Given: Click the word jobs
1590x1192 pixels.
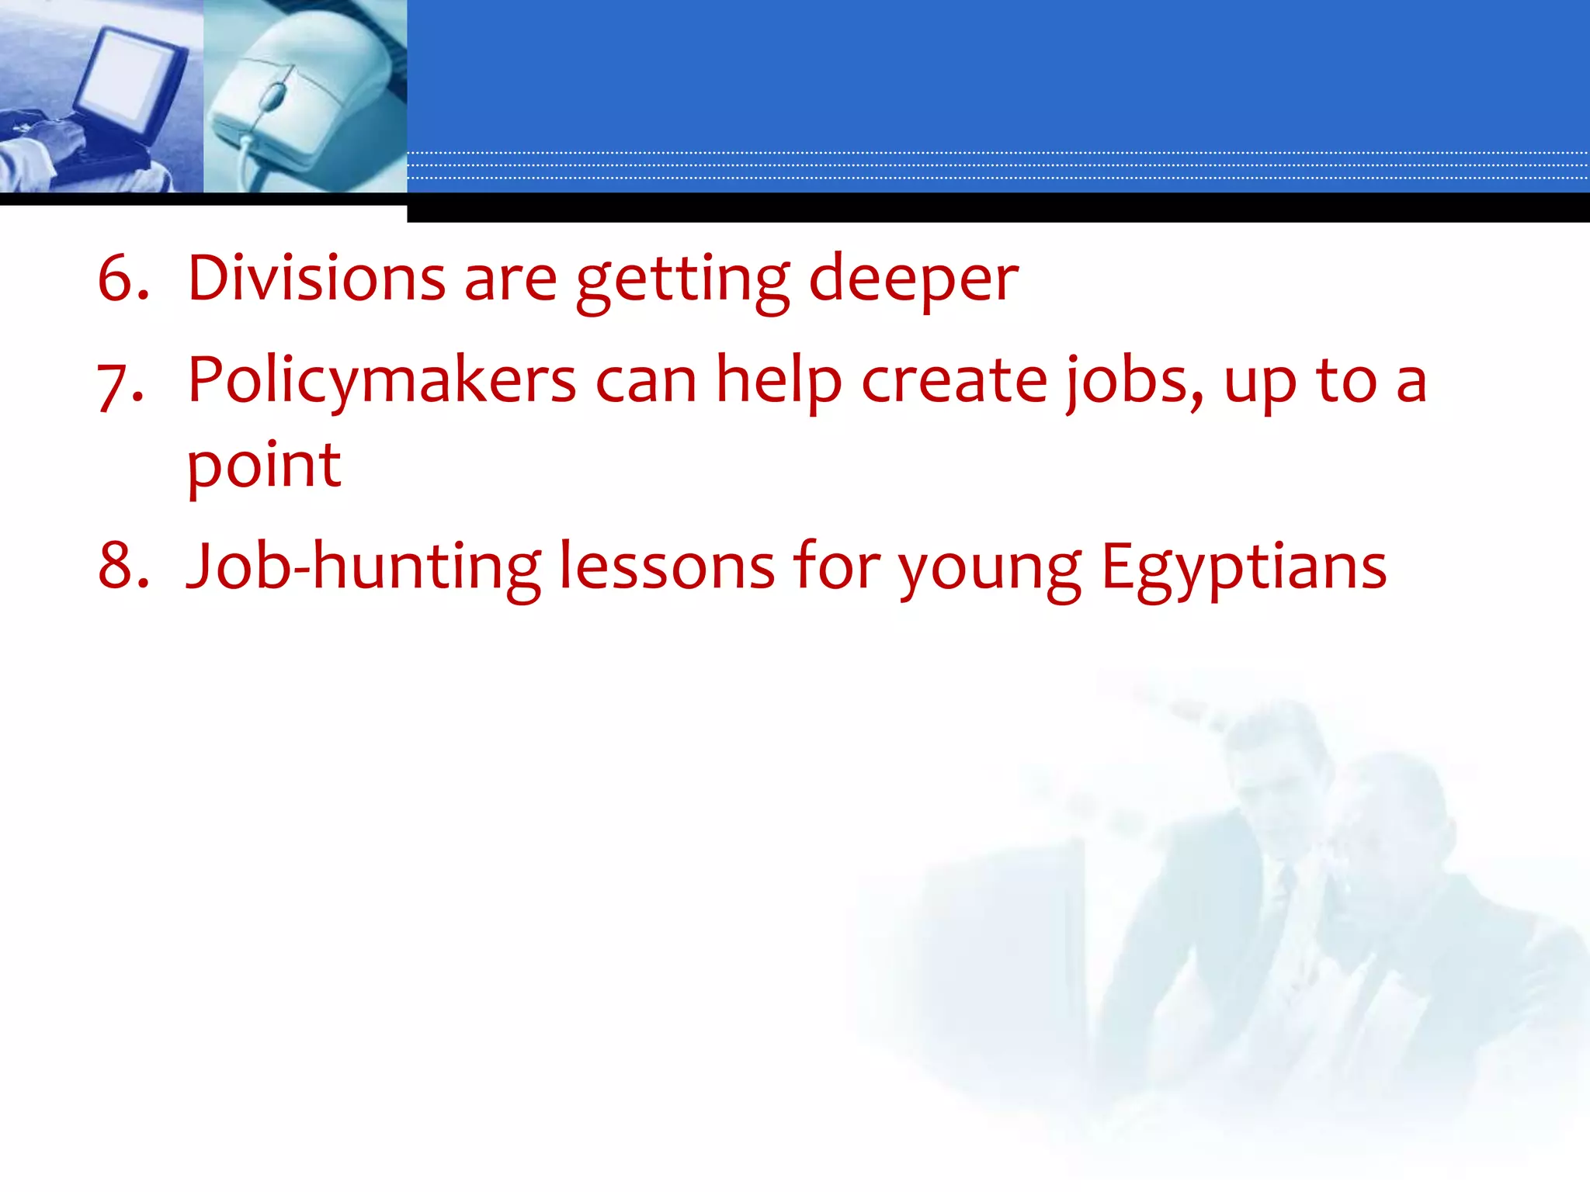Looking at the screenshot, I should coord(1134,382).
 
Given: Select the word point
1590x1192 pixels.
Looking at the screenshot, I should coord(264,467).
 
